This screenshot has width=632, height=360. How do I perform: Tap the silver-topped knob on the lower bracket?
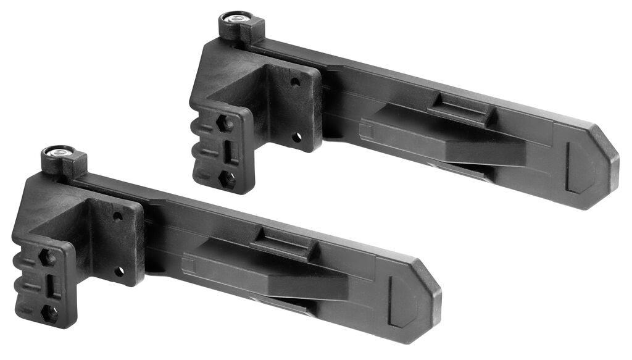60,151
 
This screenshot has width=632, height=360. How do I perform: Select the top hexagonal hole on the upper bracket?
226,122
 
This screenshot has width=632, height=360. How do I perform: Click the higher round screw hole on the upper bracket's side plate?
295,81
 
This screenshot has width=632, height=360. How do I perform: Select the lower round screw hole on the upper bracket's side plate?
297,136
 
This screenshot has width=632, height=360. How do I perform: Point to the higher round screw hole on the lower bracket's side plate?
117,216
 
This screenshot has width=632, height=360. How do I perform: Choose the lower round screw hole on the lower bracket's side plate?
119,271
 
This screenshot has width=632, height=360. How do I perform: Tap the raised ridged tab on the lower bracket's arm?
285,243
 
